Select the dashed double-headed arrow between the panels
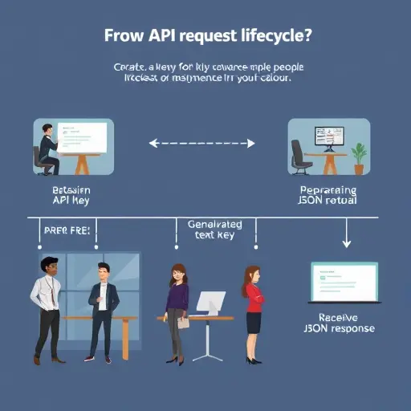point(202,144)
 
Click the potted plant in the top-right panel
point(358,155)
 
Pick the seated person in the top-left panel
point(48,148)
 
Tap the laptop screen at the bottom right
point(344,282)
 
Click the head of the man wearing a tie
point(47,266)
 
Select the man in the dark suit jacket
point(102,309)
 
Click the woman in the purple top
point(176,309)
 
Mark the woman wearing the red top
point(253,309)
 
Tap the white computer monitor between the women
point(211,302)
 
